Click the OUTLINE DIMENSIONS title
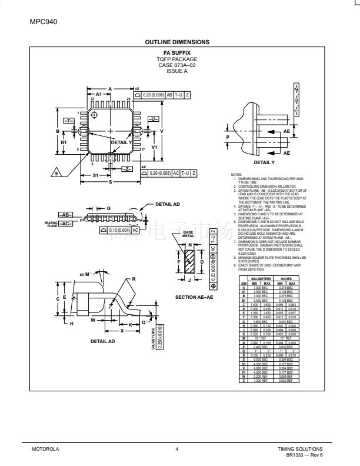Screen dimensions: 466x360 pyautogui.click(x=177, y=42)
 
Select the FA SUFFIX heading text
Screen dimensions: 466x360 pyautogui.click(x=177, y=53)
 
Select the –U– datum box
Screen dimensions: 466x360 pyautogui.click(x=152, y=119)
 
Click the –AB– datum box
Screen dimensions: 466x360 pyautogui.click(x=65, y=215)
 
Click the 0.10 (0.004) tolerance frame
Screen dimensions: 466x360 pyautogui.click(x=120, y=230)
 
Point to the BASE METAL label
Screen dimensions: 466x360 pyautogui.click(x=188, y=234)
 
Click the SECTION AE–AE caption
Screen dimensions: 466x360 pyautogui.click(x=193, y=297)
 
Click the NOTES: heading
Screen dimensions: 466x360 pyautogui.click(x=237, y=174)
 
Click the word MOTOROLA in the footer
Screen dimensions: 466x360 pyautogui.click(x=44, y=449)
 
